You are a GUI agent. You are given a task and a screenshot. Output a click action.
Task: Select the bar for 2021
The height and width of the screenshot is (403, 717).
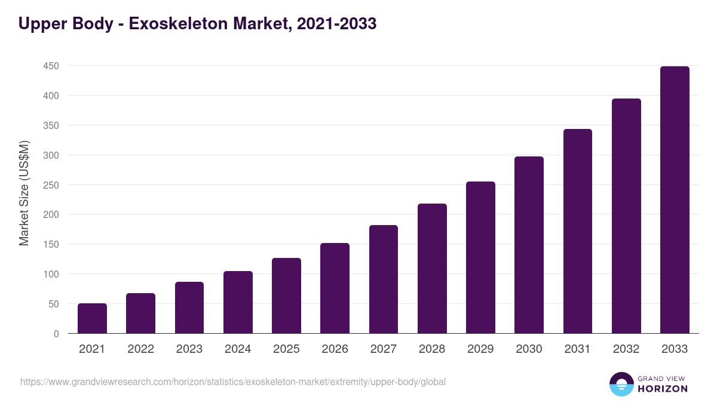tap(92, 318)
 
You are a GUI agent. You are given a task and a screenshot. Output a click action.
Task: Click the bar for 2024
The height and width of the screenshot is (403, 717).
tap(238, 302)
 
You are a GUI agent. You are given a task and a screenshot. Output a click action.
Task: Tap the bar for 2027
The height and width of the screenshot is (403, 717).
tap(384, 279)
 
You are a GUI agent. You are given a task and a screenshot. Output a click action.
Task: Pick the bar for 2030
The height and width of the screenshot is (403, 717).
tap(529, 245)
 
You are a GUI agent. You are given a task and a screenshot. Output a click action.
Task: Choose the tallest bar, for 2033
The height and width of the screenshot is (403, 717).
tap(675, 200)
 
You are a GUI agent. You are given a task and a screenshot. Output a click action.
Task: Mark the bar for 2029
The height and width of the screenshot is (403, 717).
tap(480, 257)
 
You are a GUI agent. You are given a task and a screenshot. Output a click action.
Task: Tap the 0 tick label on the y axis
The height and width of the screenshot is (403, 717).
tap(56, 334)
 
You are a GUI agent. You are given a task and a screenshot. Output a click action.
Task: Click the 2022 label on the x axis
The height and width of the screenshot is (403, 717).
tap(140, 349)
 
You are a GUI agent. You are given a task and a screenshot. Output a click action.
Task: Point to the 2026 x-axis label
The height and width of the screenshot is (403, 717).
tap(335, 349)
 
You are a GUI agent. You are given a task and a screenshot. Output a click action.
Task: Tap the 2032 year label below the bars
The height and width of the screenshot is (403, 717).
tap(626, 349)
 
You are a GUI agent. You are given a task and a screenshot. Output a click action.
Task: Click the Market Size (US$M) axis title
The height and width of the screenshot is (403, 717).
tap(24, 193)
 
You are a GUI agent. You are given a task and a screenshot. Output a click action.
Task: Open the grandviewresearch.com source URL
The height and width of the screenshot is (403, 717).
tap(233, 382)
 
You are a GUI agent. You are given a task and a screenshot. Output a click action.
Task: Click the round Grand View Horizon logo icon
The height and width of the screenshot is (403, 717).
tap(621, 384)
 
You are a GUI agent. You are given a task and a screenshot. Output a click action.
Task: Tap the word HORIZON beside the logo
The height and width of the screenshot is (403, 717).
tap(662, 389)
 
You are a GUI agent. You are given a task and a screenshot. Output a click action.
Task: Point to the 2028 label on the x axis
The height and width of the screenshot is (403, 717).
tap(432, 349)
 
